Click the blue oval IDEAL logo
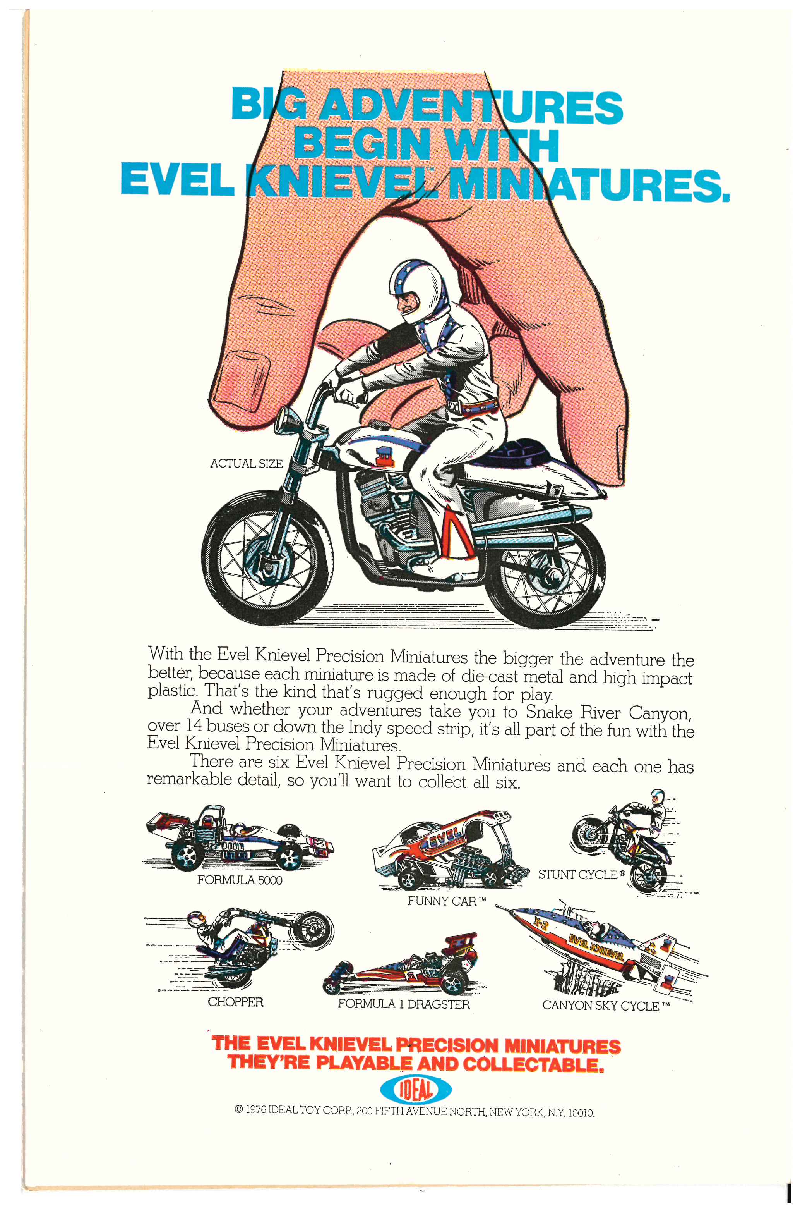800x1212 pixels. click(415, 1091)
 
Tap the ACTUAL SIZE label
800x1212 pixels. click(247, 464)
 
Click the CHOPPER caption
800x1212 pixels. click(235, 1002)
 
